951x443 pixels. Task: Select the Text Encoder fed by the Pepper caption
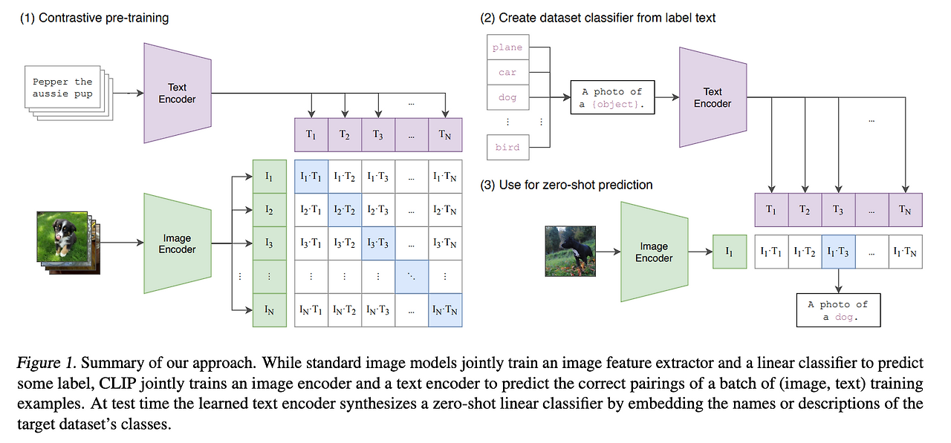(x=177, y=93)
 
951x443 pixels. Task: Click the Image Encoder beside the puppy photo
(x=177, y=244)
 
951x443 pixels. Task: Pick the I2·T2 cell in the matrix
(x=345, y=211)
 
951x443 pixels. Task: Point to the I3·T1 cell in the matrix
(x=311, y=243)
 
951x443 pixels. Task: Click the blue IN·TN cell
(x=445, y=310)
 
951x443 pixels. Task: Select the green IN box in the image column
(x=269, y=310)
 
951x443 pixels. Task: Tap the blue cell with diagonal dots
(x=412, y=277)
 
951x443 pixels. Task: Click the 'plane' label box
(x=507, y=47)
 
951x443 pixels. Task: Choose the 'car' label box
(x=507, y=73)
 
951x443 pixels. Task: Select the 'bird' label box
(x=507, y=147)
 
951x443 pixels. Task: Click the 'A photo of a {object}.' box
(x=612, y=97)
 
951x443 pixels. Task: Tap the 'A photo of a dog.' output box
(x=838, y=309)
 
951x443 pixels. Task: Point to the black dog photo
(x=571, y=252)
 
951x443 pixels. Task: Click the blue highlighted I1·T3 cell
(x=838, y=252)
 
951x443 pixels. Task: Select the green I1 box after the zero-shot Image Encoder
(x=729, y=252)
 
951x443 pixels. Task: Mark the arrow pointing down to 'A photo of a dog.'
(x=838, y=280)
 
